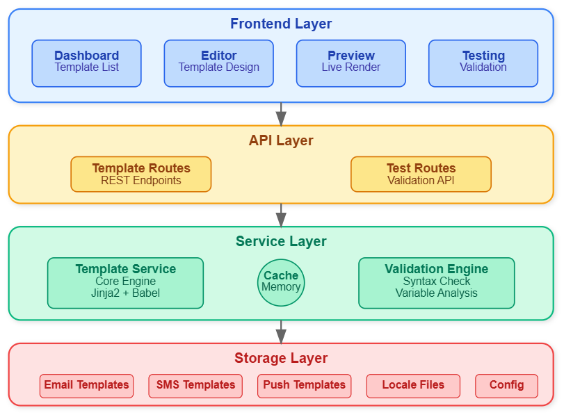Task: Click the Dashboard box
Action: (x=86, y=63)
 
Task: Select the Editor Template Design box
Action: (x=218, y=63)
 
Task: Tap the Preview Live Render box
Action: (x=351, y=63)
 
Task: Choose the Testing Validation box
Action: (x=483, y=63)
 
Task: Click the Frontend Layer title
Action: (x=281, y=24)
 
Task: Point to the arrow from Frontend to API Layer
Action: (x=281, y=114)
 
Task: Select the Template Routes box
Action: (x=141, y=174)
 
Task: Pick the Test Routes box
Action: (x=421, y=174)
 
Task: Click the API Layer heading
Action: (x=281, y=140)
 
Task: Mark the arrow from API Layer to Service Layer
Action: (x=281, y=215)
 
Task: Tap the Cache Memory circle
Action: (x=281, y=283)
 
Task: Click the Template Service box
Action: (x=126, y=283)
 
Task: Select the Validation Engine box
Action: (x=437, y=283)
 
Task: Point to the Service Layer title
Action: (x=281, y=241)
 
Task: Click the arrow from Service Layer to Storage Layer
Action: (x=281, y=332)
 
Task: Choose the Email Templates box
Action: (x=86, y=386)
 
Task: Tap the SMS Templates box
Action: (x=195, y=386)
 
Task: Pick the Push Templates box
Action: (x=305, y=386)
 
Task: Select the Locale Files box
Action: (x=413, y=386)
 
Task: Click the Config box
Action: (x=506, y=386)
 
